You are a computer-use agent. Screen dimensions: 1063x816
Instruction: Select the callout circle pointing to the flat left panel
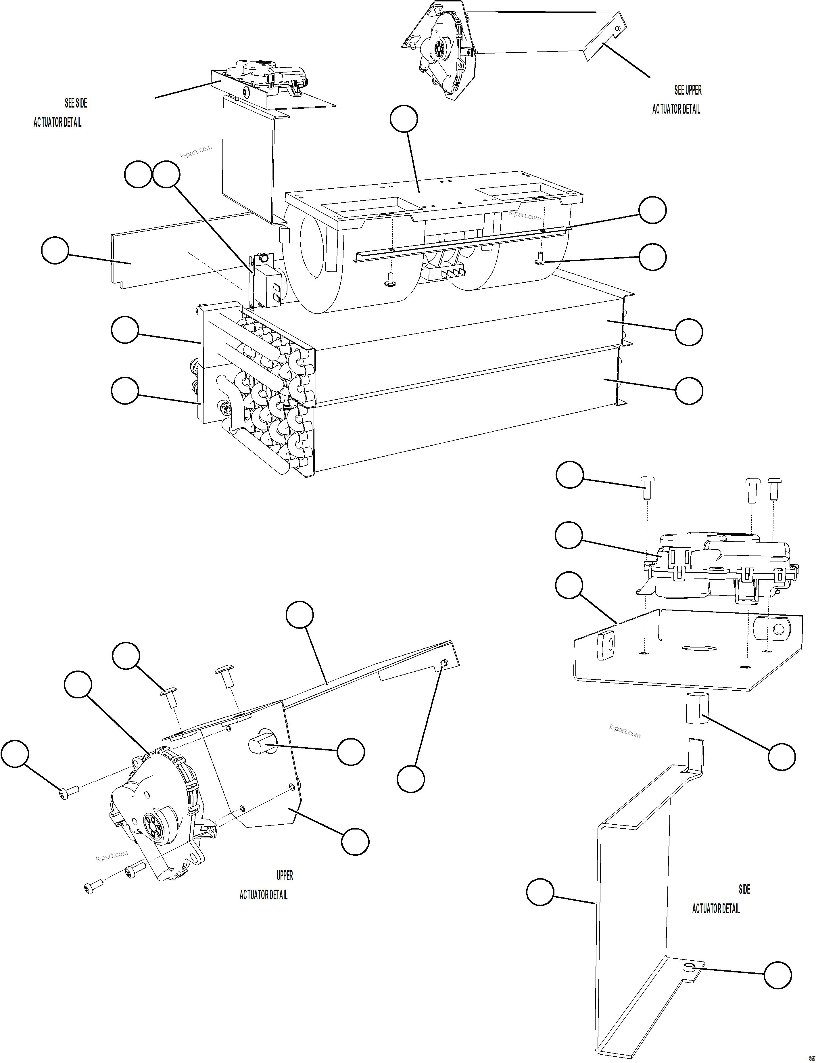click(x=55, y=250)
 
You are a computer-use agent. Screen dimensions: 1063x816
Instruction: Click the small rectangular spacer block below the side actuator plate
click(x=697, y=709)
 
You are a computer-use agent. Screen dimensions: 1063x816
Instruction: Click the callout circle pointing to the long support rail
click(x=652, y=210)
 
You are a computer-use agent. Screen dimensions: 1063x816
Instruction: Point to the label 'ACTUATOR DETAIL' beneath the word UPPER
click(x=263, y=895)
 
